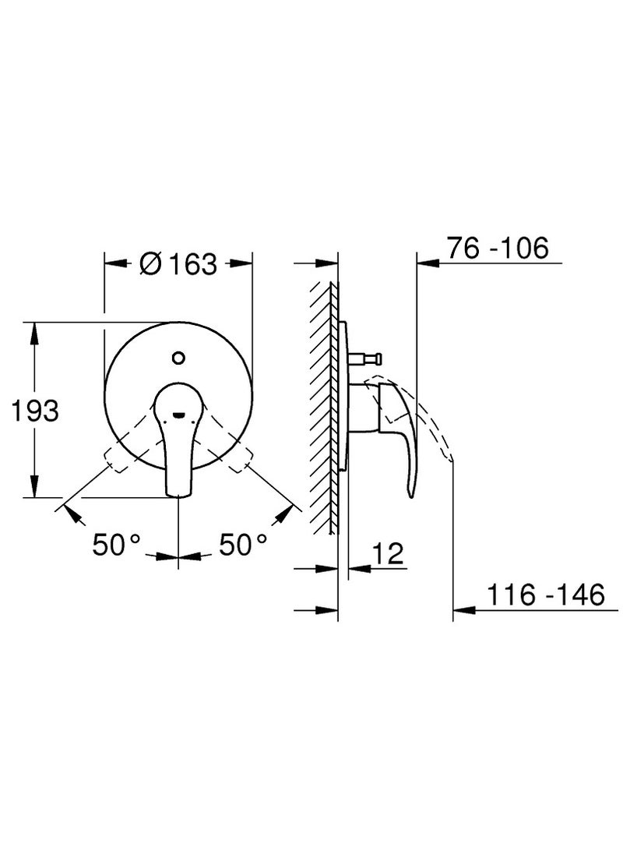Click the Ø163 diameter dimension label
click(178, 263)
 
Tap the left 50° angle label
click(117, 545)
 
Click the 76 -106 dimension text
click(498, 248)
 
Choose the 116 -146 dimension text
click(546, 595)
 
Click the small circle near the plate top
click(178, 358)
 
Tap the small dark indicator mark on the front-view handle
click(178, 416)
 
